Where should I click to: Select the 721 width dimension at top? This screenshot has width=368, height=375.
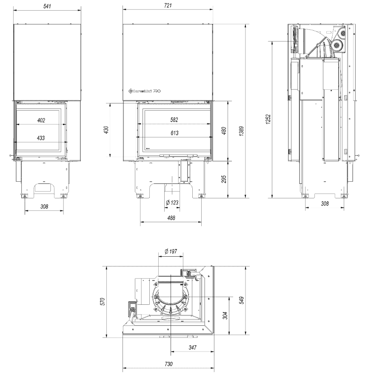coord(168,4)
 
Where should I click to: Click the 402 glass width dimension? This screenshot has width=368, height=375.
coord(41,120)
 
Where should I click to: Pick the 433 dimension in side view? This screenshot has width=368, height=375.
coord(41,138)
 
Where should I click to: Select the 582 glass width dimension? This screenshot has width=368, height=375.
coord(174,120)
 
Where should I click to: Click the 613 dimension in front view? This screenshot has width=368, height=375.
coord(174,133)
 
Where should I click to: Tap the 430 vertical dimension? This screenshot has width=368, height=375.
coord(106,129)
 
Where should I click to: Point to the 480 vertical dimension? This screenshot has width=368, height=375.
coord(225,129)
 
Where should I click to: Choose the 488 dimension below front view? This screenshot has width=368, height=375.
coord(171,218)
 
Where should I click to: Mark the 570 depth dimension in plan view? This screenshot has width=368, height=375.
coord(101,302)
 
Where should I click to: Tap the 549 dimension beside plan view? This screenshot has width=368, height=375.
coord(241,301)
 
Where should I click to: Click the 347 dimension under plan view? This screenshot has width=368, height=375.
coord(192,348)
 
